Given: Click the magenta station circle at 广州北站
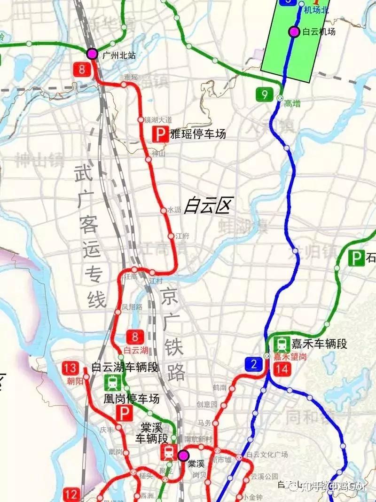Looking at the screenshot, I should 92,53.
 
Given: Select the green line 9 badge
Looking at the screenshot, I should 265,94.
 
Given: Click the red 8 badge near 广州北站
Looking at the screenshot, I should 83,70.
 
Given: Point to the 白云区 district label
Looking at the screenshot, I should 208,205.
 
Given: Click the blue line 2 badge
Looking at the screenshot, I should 253,363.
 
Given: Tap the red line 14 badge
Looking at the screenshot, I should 282,369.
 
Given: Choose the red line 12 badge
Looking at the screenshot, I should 72,494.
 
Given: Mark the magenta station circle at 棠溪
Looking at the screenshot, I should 182,455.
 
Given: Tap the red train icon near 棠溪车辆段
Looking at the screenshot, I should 168,453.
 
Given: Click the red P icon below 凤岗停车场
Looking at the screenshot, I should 125,414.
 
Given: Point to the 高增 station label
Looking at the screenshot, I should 292,104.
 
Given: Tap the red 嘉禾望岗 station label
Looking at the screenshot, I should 290,357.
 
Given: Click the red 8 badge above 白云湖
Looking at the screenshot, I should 135,337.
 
